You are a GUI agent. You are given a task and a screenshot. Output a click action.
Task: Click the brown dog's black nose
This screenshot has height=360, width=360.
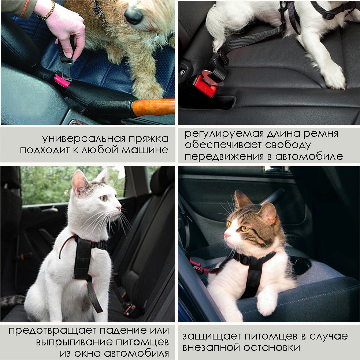pos(133,15)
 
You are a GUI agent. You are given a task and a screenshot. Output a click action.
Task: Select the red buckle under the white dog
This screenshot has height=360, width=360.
pos(205,85)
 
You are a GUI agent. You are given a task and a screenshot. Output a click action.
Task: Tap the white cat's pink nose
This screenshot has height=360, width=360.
pos(119,208)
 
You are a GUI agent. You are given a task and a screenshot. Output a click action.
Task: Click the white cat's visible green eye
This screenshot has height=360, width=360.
pos(104,198)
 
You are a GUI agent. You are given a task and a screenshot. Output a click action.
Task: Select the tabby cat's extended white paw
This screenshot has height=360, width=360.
pos(266,303)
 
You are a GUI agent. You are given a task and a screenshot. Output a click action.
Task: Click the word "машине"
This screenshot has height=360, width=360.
pos(145,150)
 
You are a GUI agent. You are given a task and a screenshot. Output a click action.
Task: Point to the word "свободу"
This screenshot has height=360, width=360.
pos(288,145)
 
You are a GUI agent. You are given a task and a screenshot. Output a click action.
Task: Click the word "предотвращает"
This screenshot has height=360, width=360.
pos(52,331)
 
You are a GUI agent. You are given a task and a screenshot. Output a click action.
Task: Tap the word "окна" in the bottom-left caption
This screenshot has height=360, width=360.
pos(88,353)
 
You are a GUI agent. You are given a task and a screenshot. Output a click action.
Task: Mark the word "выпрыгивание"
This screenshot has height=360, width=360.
pos(74,342)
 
